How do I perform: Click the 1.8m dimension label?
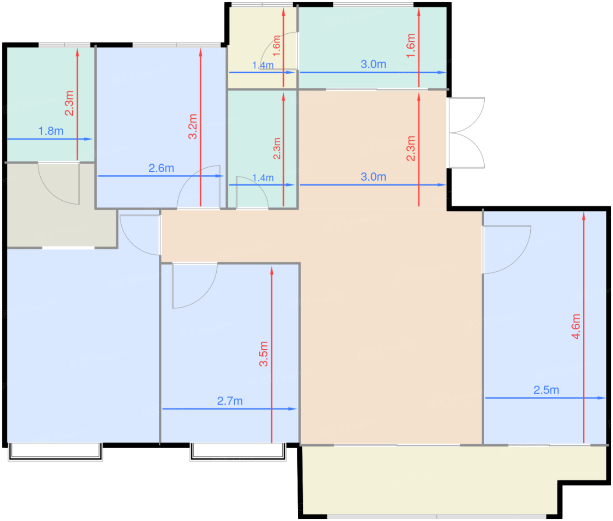[51, 131]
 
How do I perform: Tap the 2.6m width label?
[161, 168]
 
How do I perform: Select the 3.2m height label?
[193, 127]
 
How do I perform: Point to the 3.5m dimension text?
[264, 354]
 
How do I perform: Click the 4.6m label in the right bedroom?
[576, 326]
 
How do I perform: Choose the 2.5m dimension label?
[546, 390]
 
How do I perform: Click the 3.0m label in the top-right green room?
[373, 64]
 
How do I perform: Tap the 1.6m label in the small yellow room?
[276, 46]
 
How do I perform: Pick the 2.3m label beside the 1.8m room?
[69, 103]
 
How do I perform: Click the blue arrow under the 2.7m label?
[229, 409]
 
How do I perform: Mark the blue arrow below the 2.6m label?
[160, 176]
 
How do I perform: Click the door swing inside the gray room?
[59, 183]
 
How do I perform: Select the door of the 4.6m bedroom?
[506, 249]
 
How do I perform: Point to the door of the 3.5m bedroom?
[195, 286]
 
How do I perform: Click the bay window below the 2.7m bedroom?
[238, 452]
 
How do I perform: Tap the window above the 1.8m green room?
[64, 45]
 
